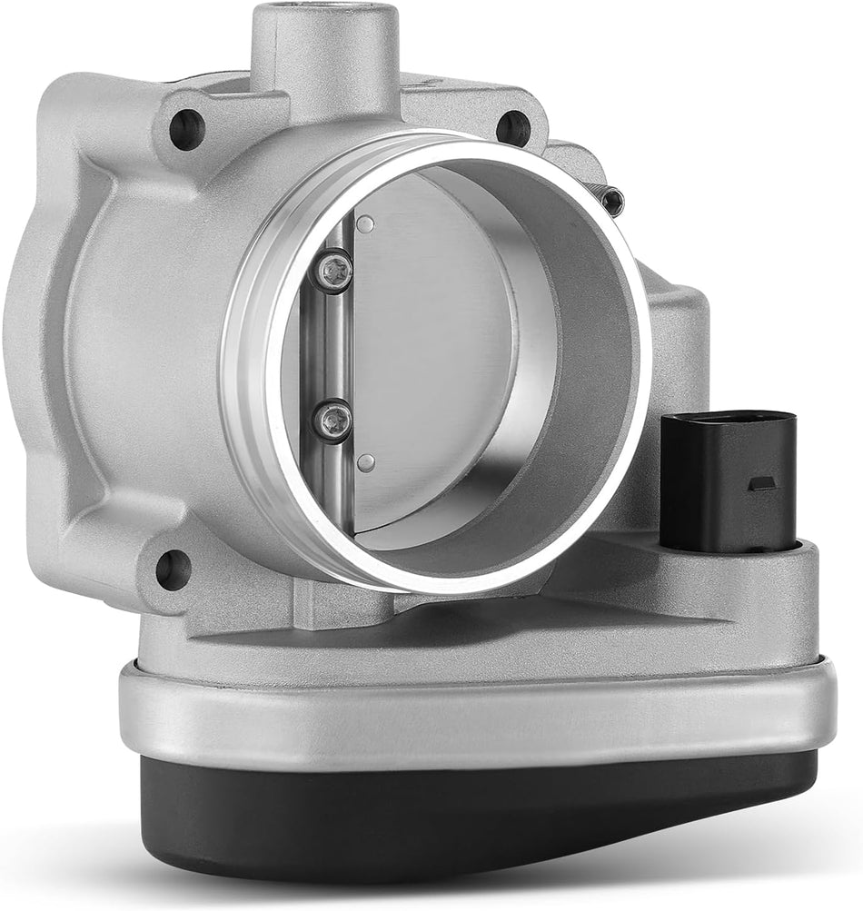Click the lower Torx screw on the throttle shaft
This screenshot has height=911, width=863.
coord(332,421)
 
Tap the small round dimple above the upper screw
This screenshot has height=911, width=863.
coord(365,224)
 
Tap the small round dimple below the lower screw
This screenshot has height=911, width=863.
coord(365,463)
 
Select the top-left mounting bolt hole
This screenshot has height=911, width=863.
coord(186,130)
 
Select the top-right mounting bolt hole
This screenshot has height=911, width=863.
coord(513,128)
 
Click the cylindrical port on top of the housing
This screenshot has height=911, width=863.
coord(324,45)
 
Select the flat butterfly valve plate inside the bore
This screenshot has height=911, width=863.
coord(436,354)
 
